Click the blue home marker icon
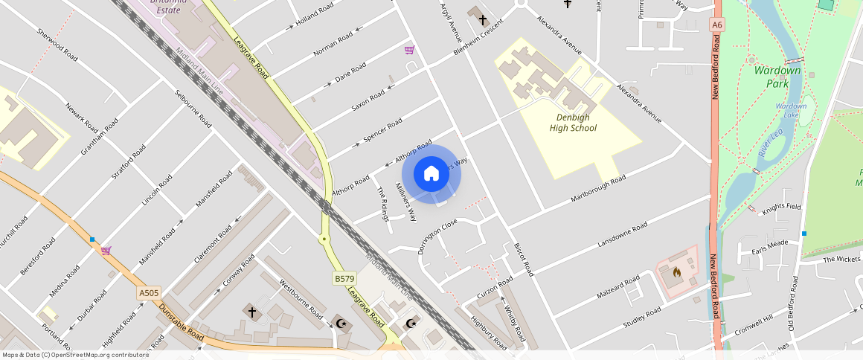(431, 174)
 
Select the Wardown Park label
(777, 76)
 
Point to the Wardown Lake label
(791, 111)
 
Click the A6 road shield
(716, 25)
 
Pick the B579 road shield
(343, 278)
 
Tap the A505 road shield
(149, 293)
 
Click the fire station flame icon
(676, 272)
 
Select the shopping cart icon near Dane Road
(409, 50)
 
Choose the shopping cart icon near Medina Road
(106, 251)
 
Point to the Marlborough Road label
(598, 190)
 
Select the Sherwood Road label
(57, 45)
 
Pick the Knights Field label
(780, 209)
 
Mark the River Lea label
(768, 141)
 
